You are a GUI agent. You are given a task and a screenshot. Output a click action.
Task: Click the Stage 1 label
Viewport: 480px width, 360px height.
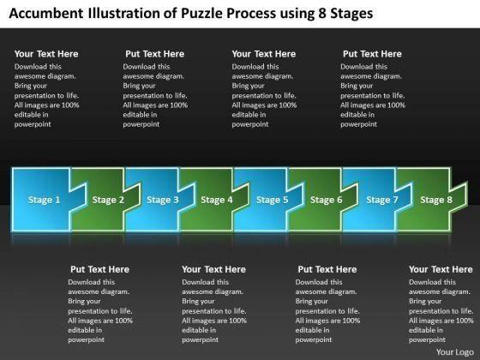tap(44, 200)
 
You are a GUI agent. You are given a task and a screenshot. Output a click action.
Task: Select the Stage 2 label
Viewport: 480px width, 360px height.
tap(108, 200)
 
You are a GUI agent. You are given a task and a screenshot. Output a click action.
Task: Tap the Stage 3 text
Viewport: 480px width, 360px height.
tap(163, 200)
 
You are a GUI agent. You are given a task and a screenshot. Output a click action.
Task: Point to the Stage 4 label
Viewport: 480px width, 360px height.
tap(217, 200)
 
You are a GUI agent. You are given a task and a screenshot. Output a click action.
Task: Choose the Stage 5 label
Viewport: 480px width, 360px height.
tap(273, 200)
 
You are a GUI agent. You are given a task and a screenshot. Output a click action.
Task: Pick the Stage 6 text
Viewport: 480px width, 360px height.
tap(326, 200)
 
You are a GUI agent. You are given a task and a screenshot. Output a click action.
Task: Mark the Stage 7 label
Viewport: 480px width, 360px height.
tap(382, 200)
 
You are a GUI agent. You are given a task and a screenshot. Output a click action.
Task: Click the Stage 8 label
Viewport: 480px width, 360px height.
tap(436, 200)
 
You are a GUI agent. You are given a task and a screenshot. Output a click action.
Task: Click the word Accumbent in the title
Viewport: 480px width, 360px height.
tap(46, 13)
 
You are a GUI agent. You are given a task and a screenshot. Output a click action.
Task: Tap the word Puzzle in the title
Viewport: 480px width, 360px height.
tap(201, 13)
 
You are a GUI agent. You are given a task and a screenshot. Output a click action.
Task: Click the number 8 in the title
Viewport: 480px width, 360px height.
tap(322, 13)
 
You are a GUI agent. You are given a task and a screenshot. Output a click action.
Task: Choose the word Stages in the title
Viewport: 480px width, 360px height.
tap(351, 14)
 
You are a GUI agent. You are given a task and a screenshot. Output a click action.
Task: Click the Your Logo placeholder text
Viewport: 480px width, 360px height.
tap(455, 352)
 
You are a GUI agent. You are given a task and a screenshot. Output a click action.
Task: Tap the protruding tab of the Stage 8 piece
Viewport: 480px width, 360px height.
tap(459, 198)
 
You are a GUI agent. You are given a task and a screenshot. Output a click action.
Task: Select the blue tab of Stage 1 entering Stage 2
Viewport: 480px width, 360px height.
tap(78, 198)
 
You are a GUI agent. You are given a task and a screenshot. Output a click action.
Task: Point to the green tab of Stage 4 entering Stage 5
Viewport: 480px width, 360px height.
tap(241, 198)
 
